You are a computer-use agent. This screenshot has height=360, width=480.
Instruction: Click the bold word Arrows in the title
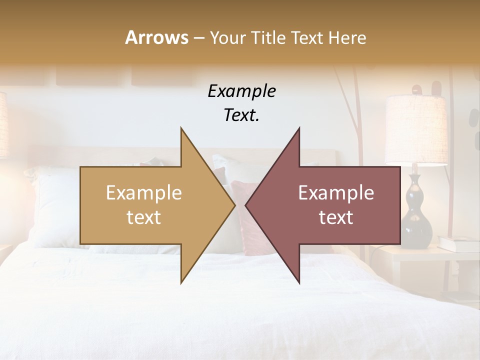click(x=156, y=37)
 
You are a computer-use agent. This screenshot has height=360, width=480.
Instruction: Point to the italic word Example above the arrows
click(x=241, y=91)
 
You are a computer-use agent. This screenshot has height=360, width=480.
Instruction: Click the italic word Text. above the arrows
click(x=241, y=115)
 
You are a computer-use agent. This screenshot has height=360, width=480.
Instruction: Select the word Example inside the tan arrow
click(x=143, y=193)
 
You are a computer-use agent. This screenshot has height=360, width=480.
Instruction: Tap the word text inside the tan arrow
click(x=143, y=217)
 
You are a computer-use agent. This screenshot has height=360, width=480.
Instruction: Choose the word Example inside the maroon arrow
click(x=336, y=193)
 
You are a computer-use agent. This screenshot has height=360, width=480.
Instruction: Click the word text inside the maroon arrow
click(x=336, y=217)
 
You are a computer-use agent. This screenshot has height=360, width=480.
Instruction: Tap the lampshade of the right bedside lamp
click(x=416, y=129)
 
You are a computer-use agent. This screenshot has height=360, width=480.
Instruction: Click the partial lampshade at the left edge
click(x=4, y=125)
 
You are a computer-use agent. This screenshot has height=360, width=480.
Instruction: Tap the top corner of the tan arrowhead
click(x=181, y=128)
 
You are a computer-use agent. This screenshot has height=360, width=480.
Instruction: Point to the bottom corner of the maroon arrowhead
click(x=299, y=283)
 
